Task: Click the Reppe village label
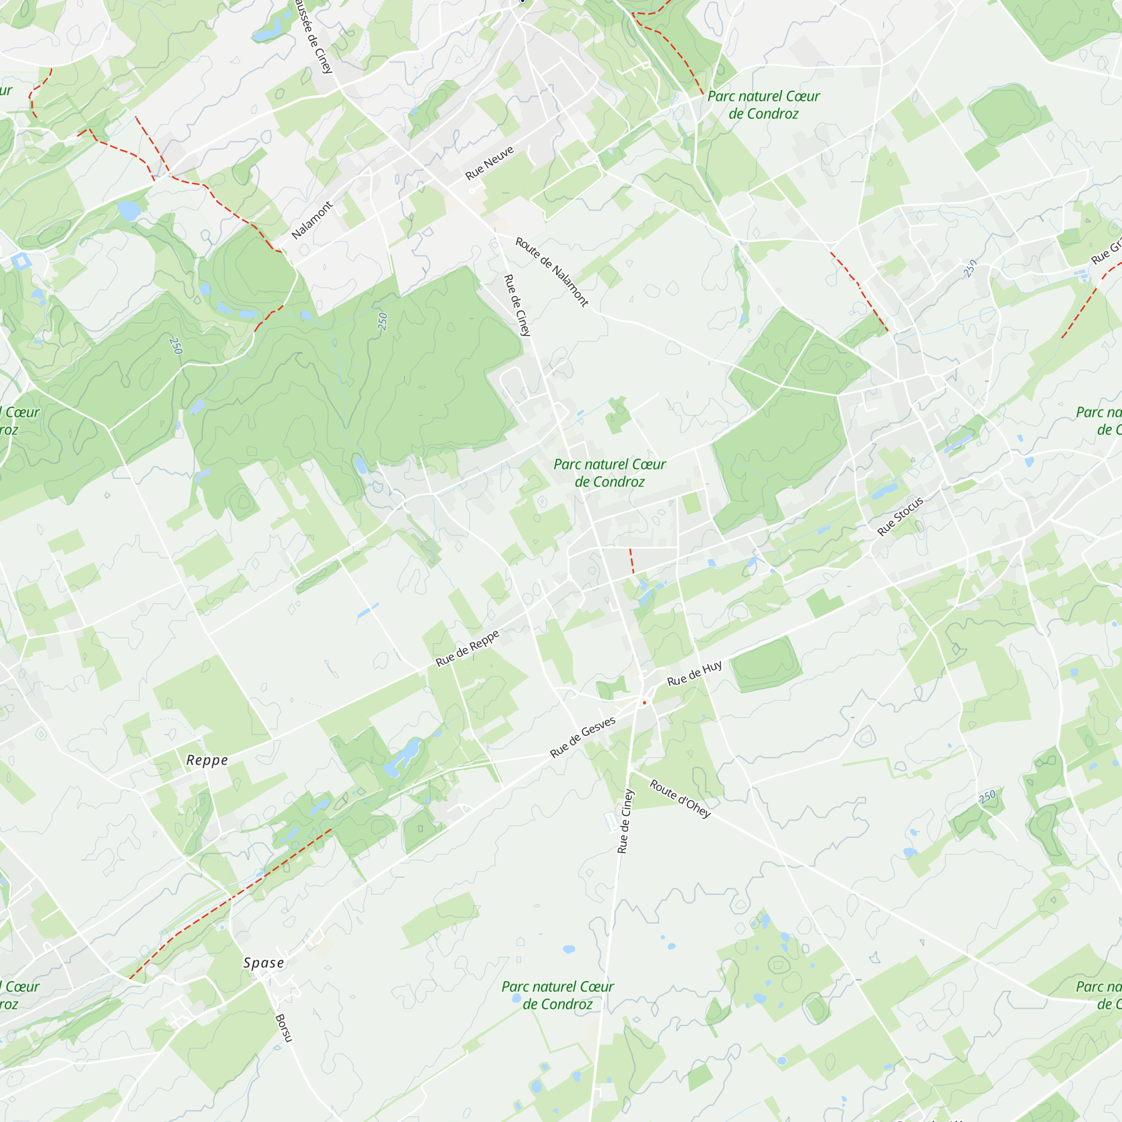click(x=207, y=760)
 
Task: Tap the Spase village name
click(x=264, y=963)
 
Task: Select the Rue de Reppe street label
click(x=467, y=648)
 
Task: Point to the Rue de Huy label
click(x=694, y=674)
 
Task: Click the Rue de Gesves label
click(x=582, y=738)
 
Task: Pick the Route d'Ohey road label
click(x=680, y=798)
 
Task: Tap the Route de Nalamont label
click(x=551, y=271)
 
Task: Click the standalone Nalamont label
click(x=312, y=220)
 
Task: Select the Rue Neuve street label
click(x=490, y=163)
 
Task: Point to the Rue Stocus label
click(x=900, y=517)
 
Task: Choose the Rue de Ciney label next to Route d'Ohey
click(x=625, y=821)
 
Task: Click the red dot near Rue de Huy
click(x=645, y=703)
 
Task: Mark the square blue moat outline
click(x=21, y=261)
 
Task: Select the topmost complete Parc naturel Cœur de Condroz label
click(x=763, y=105)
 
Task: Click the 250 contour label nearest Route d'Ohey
click(x=987, y=797)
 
